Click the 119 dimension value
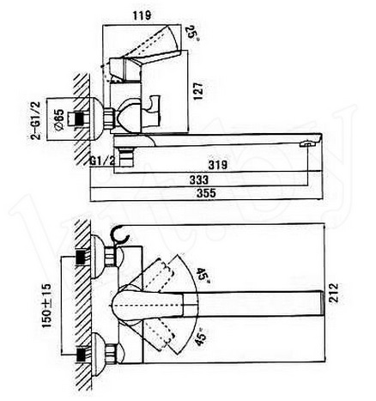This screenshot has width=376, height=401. [x=142, y=15]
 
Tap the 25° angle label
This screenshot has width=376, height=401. [x=192, y=33]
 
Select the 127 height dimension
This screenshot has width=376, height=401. [x=198, y=91]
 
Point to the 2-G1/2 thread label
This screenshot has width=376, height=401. [x=36, y=120]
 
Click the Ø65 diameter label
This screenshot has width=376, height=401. [x=59, y=120]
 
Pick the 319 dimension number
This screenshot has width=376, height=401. [x=218, y=165]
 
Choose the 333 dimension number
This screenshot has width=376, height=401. [x=199, y=179]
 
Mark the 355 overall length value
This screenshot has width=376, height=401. [x=206, y=193]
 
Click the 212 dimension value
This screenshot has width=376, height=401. [x=334, y=293]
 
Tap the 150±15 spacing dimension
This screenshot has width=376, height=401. [x=46, y=306]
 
